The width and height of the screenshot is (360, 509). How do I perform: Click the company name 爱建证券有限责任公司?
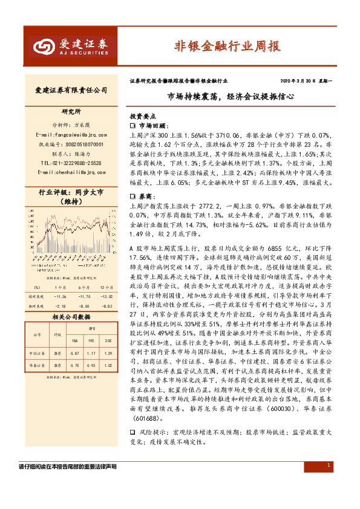tap(71, 90)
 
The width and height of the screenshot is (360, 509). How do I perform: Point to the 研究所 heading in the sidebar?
tap(71, 112)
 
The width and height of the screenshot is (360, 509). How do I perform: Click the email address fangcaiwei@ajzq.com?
tap(71, 134)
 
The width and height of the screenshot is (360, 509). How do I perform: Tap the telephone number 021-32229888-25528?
tap(71, 163)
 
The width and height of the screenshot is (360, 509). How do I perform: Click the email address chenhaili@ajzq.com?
tap(71, 172)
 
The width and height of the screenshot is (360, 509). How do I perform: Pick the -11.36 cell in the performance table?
tap(59, 297)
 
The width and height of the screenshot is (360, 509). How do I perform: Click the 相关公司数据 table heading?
tap(71, 316)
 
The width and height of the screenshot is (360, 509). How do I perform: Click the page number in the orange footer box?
tap(328, 465)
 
